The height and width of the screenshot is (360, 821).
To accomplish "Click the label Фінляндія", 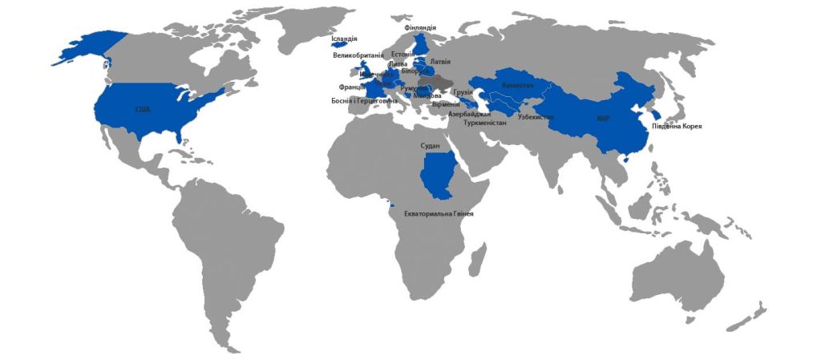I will [x=420, y=28].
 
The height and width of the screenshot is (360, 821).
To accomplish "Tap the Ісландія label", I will [x=344, y=38].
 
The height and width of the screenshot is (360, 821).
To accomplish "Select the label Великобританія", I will [x=358, y=56].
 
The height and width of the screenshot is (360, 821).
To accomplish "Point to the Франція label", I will [x=352, y=87].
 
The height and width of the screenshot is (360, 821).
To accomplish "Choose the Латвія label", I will [x=440, y=61].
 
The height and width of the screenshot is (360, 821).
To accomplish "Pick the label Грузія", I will [x=463, y=93].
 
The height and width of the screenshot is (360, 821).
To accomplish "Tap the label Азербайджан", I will [x=469, y=115].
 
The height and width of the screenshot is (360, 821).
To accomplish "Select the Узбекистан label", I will [x=536, y=117].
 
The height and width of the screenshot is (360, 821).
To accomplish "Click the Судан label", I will [x=431, y=147].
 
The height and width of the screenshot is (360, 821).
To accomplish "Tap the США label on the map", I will [x=142, y=109].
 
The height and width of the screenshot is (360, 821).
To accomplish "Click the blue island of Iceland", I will [x=344, y=46].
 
